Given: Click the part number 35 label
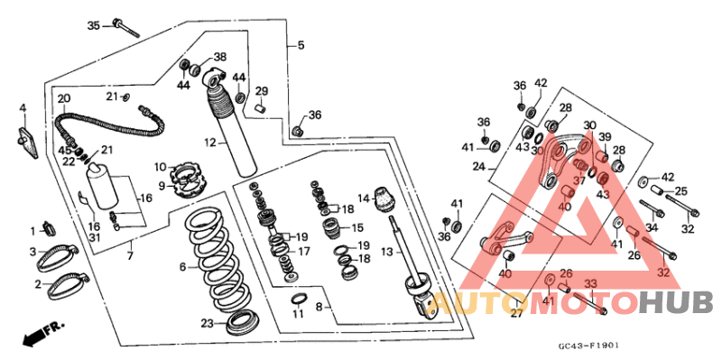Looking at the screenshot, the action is pos(94,26).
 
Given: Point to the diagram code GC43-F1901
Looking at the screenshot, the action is pos(588,346).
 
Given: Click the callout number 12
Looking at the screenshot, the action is pos(210,143).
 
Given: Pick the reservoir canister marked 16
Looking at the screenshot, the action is pos(103,187).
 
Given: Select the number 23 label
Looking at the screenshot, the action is pos(207,324).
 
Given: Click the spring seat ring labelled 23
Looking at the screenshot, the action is pos(240,322).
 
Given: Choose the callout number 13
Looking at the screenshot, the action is pos(388,252).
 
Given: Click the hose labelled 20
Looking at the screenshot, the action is pos(109,122).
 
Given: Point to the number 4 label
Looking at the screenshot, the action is pos(23,108).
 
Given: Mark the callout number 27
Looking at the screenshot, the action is pos(517,313).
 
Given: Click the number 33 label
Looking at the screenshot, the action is pos(590,284).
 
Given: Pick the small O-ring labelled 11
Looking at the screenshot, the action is pos(299,300).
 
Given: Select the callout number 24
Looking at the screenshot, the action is pos(479,166).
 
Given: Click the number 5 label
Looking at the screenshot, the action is pos(301,45).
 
